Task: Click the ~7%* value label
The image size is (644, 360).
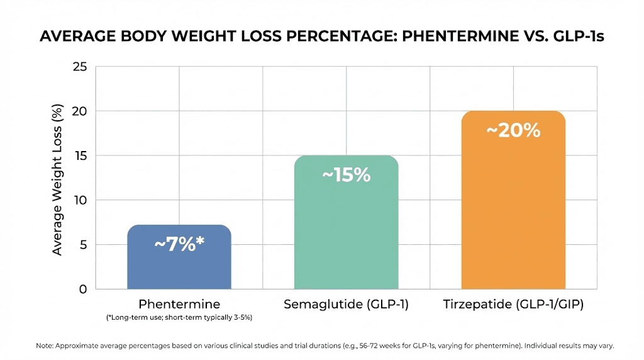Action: (180, 244)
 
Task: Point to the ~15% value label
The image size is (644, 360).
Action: (346, 175)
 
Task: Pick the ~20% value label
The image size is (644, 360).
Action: (513, 130)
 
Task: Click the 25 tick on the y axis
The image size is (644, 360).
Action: (80, 67)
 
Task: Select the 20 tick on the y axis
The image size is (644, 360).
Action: (80, 111)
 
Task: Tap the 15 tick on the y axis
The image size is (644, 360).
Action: (80, 156)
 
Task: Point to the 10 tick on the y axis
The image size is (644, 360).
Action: (80, 200)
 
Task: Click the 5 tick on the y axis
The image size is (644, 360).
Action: (82, 245)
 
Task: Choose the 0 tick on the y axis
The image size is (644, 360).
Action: (82, 290)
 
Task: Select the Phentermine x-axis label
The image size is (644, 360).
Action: (179, 305)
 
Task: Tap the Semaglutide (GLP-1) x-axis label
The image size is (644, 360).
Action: (346, 305)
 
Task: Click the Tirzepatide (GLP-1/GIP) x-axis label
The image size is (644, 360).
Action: (513, 305)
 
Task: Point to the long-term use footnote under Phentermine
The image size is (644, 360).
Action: (179, 318)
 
